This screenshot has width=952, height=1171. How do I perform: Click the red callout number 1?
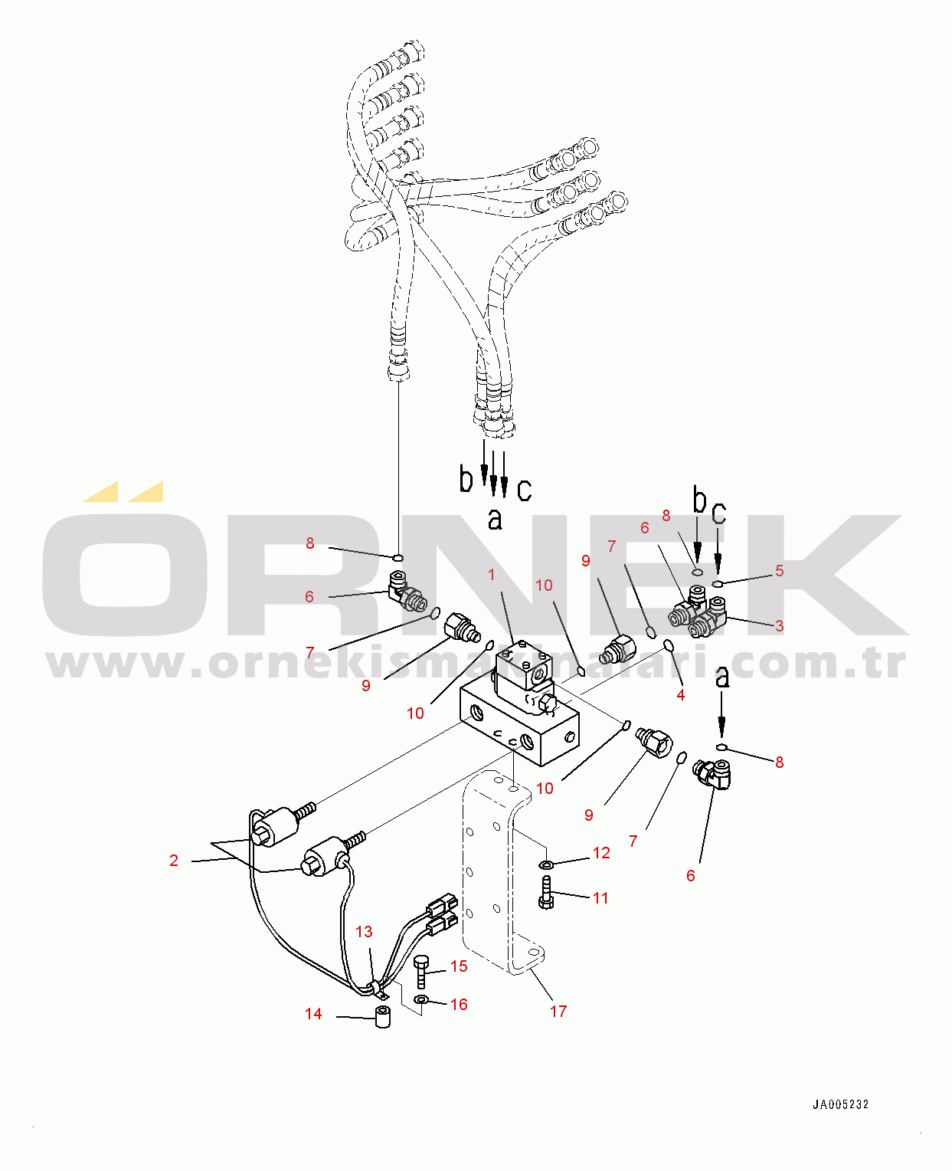pyautogui.click(x=491, y=575)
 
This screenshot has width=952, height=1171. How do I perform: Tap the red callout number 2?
pyautogui.click(x=174, y=861)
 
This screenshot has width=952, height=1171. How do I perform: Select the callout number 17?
pyautogui.click(x=558, y=1012)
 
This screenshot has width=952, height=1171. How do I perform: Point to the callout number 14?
pyautogui.click(x=313, y=1014)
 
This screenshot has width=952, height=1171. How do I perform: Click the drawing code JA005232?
pyautogui.click(x=840, y=1104)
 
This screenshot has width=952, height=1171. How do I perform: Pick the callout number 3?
pyautogui.click(x=779, y=625)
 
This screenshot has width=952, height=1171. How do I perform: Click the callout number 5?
pyautogui.click(x=779, y=571)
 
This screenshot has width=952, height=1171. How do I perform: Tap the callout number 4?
pyautogui.click(x=681, y=695)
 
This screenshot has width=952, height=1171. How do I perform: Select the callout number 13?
pyautogui.click(x=364, y=931)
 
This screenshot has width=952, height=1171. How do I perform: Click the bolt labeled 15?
pyautogui.click(x=420, y=972)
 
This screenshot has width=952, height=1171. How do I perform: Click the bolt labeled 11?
pyautogui.click(x=545, y=894)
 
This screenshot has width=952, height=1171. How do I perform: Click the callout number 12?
pyautogui.click(x=601, y=853)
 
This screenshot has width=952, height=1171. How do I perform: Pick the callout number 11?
pyautogui.click(x=600, y=897)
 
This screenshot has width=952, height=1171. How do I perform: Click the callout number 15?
pyautogui.click(x=459, y=966)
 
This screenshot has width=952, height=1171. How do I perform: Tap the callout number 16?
pyautogui.click(x=459, y=1005)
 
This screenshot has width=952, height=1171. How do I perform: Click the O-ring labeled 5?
pyautogui.click(x=718, y=583)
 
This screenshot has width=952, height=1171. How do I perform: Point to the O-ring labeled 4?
pyautogui.click(x=669, y=645)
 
